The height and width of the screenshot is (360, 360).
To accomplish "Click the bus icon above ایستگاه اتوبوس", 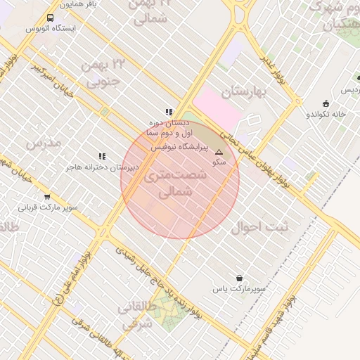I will (x=50, y=18).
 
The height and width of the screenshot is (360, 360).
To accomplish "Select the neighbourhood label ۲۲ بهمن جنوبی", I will (x=103, y=73).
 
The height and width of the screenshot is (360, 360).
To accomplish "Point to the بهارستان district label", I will (x=240, y=92).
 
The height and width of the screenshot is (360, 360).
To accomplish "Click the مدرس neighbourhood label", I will (x=44, y=143).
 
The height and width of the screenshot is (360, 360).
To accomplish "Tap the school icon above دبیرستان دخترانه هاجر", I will (x=102, y=156).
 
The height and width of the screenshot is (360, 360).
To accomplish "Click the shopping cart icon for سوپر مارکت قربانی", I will (x=47, y=197).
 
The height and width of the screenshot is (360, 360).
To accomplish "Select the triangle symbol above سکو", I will (x=219, y=152).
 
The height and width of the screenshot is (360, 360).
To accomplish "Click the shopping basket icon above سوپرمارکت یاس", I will (x=240, y=278).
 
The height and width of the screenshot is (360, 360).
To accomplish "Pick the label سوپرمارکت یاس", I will (x=240, y=289).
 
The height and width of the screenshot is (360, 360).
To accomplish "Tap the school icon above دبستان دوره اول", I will (x=169, y=112).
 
